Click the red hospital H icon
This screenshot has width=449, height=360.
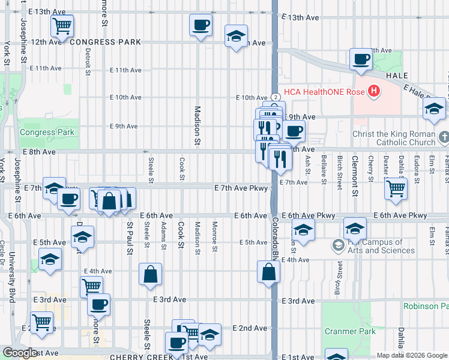(x=374, y=92)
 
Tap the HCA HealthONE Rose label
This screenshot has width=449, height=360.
(x=325, y=92)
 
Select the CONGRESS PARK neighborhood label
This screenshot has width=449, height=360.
(x=105, y=42)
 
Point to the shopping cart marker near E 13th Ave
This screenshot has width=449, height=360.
(x=62, y=26)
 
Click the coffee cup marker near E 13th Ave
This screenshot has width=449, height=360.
(x=200, y=25)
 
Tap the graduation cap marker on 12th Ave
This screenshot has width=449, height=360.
(x=237, y=37)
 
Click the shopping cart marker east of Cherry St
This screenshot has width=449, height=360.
(x=396, y=188)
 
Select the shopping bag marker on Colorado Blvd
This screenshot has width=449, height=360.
(x=268, y=272)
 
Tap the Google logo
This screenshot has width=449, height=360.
(x=20, y=353)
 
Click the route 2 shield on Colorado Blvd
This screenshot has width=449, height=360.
(x=274, y=97)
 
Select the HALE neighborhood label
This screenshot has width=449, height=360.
(x=397, y=76)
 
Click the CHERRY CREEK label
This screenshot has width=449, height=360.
(x=135, y=356)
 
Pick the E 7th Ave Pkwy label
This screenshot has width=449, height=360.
(x=240, y=188)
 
